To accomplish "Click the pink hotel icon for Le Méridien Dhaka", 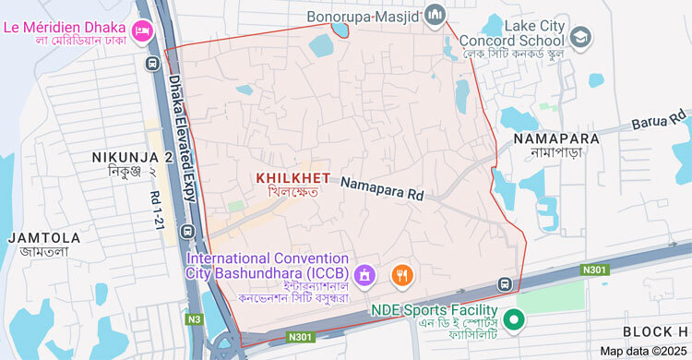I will point(142,30).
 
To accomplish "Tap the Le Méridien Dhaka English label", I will point(65,27).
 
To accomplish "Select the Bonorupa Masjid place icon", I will point(435,14).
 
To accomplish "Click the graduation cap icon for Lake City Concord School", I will point(580,37).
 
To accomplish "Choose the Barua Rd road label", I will point(661,122).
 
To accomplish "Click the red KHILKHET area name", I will point(292,176).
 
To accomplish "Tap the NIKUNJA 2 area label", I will point(132,158).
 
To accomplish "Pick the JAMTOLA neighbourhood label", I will point(44,237).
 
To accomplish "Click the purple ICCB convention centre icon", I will point(364,274).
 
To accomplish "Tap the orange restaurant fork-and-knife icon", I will point(401,274).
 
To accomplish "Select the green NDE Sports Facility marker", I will point(517,319).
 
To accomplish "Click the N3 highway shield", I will point(194,319).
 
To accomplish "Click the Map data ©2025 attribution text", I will point(643,351).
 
